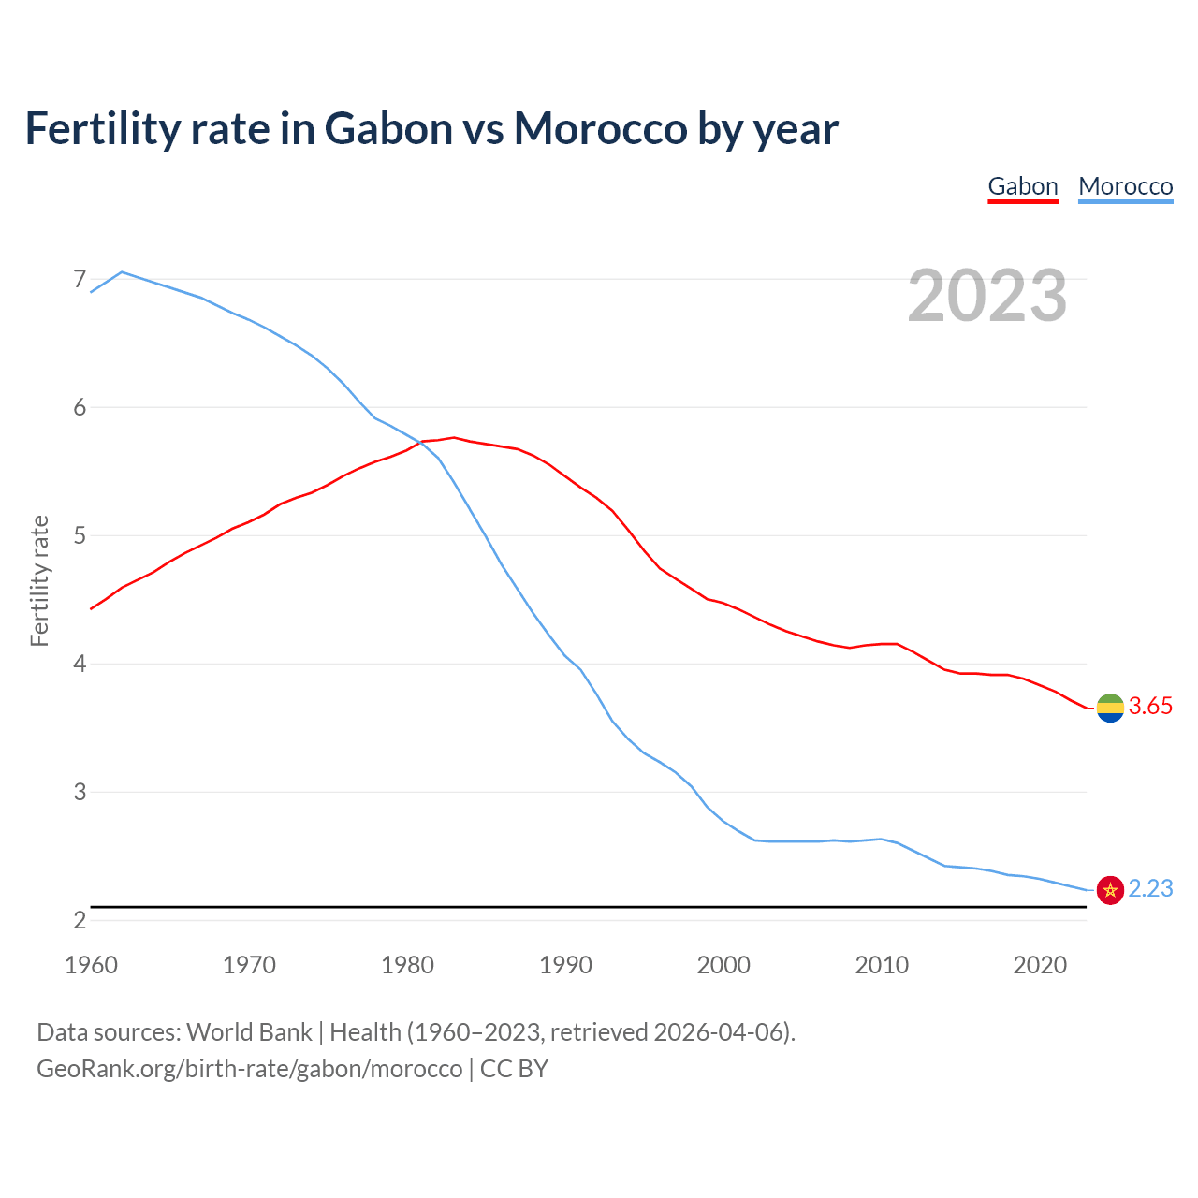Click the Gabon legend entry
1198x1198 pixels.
1023,186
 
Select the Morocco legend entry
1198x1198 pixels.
1125,186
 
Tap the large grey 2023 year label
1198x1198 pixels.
986,296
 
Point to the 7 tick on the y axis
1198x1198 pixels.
79,279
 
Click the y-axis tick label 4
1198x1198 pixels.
79,664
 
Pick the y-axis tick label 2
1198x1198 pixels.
79,920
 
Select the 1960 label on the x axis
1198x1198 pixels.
91,965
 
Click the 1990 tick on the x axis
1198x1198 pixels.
565,965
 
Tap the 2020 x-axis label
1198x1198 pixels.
1040,965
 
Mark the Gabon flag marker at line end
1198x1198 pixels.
1110,708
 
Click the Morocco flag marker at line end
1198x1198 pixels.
1110,890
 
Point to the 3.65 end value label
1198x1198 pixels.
1150,707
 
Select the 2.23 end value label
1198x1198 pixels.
1150,889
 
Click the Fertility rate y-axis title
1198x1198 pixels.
39,580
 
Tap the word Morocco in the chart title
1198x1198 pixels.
600,128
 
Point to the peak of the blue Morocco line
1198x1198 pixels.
122,272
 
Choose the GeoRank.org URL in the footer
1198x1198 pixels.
249,1069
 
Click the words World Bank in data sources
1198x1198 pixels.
249,1032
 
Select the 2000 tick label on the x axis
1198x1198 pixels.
723,965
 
